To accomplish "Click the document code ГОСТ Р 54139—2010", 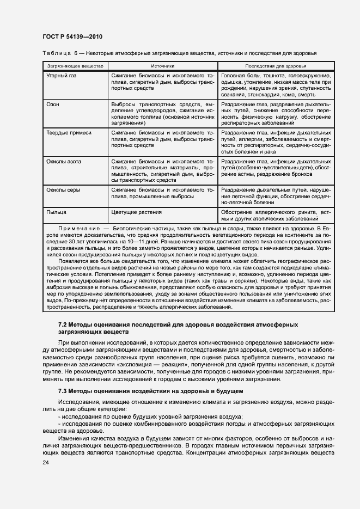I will (x=72, y=36).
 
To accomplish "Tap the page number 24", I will (x=45, y=462).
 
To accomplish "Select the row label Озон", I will (x=53, y=103).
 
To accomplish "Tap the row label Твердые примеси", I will (x=69, y=132).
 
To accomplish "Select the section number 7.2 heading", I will (x=63, y=324).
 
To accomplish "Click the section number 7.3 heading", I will (x=63, y=391).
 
